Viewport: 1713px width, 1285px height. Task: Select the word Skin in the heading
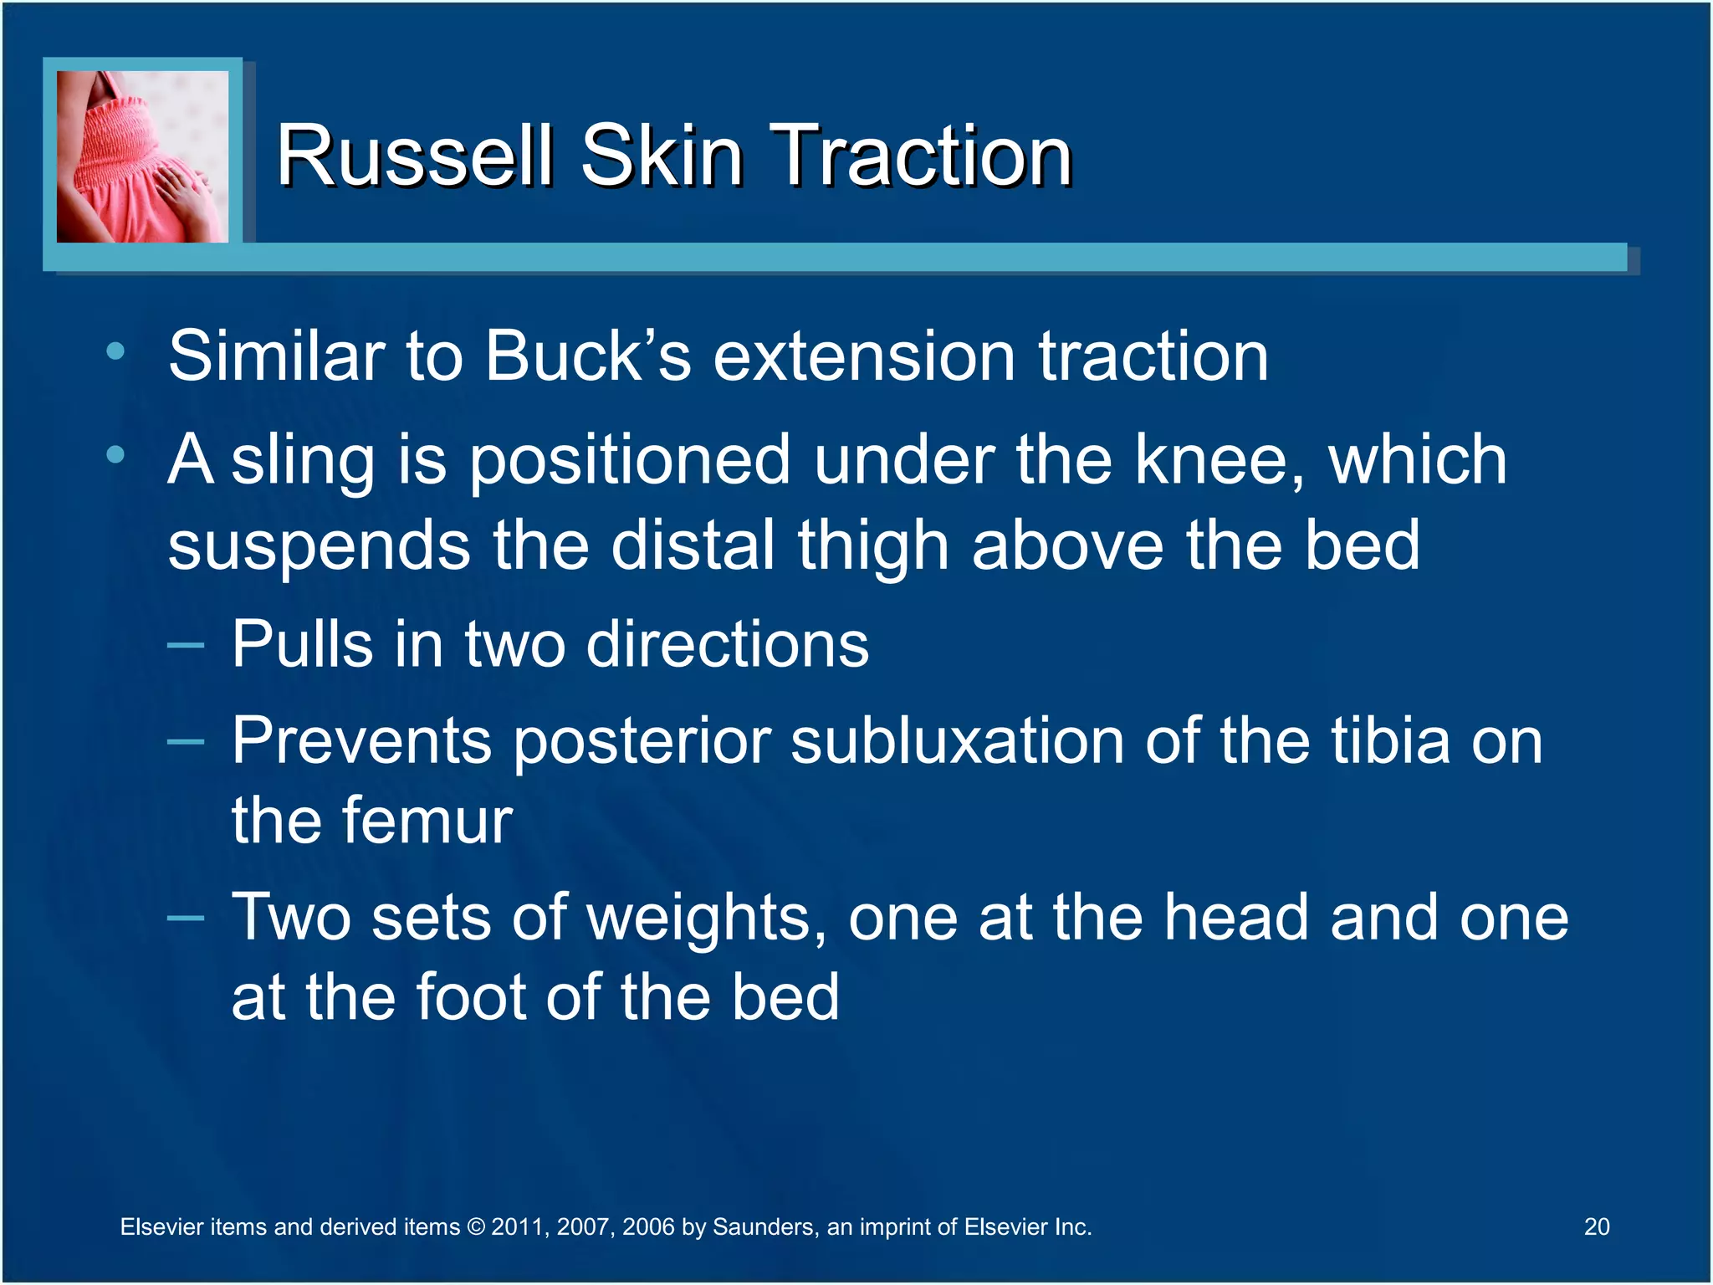(662, 156)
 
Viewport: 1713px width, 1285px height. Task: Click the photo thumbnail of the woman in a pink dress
(142, 156)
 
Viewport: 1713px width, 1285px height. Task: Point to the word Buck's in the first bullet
(588, 356)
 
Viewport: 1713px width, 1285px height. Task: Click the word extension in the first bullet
(864, 356)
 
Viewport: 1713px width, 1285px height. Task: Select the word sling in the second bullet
(303, 462)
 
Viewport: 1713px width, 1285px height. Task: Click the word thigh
(873, 545)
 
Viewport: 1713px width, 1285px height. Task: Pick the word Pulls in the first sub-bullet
(302, 645)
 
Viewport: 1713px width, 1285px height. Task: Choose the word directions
(728, 645)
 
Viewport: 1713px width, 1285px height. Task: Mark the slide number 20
(1596, 1226)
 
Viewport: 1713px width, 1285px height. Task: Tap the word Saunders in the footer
(764, 1227)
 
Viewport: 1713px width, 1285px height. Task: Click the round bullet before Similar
(115, 351)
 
